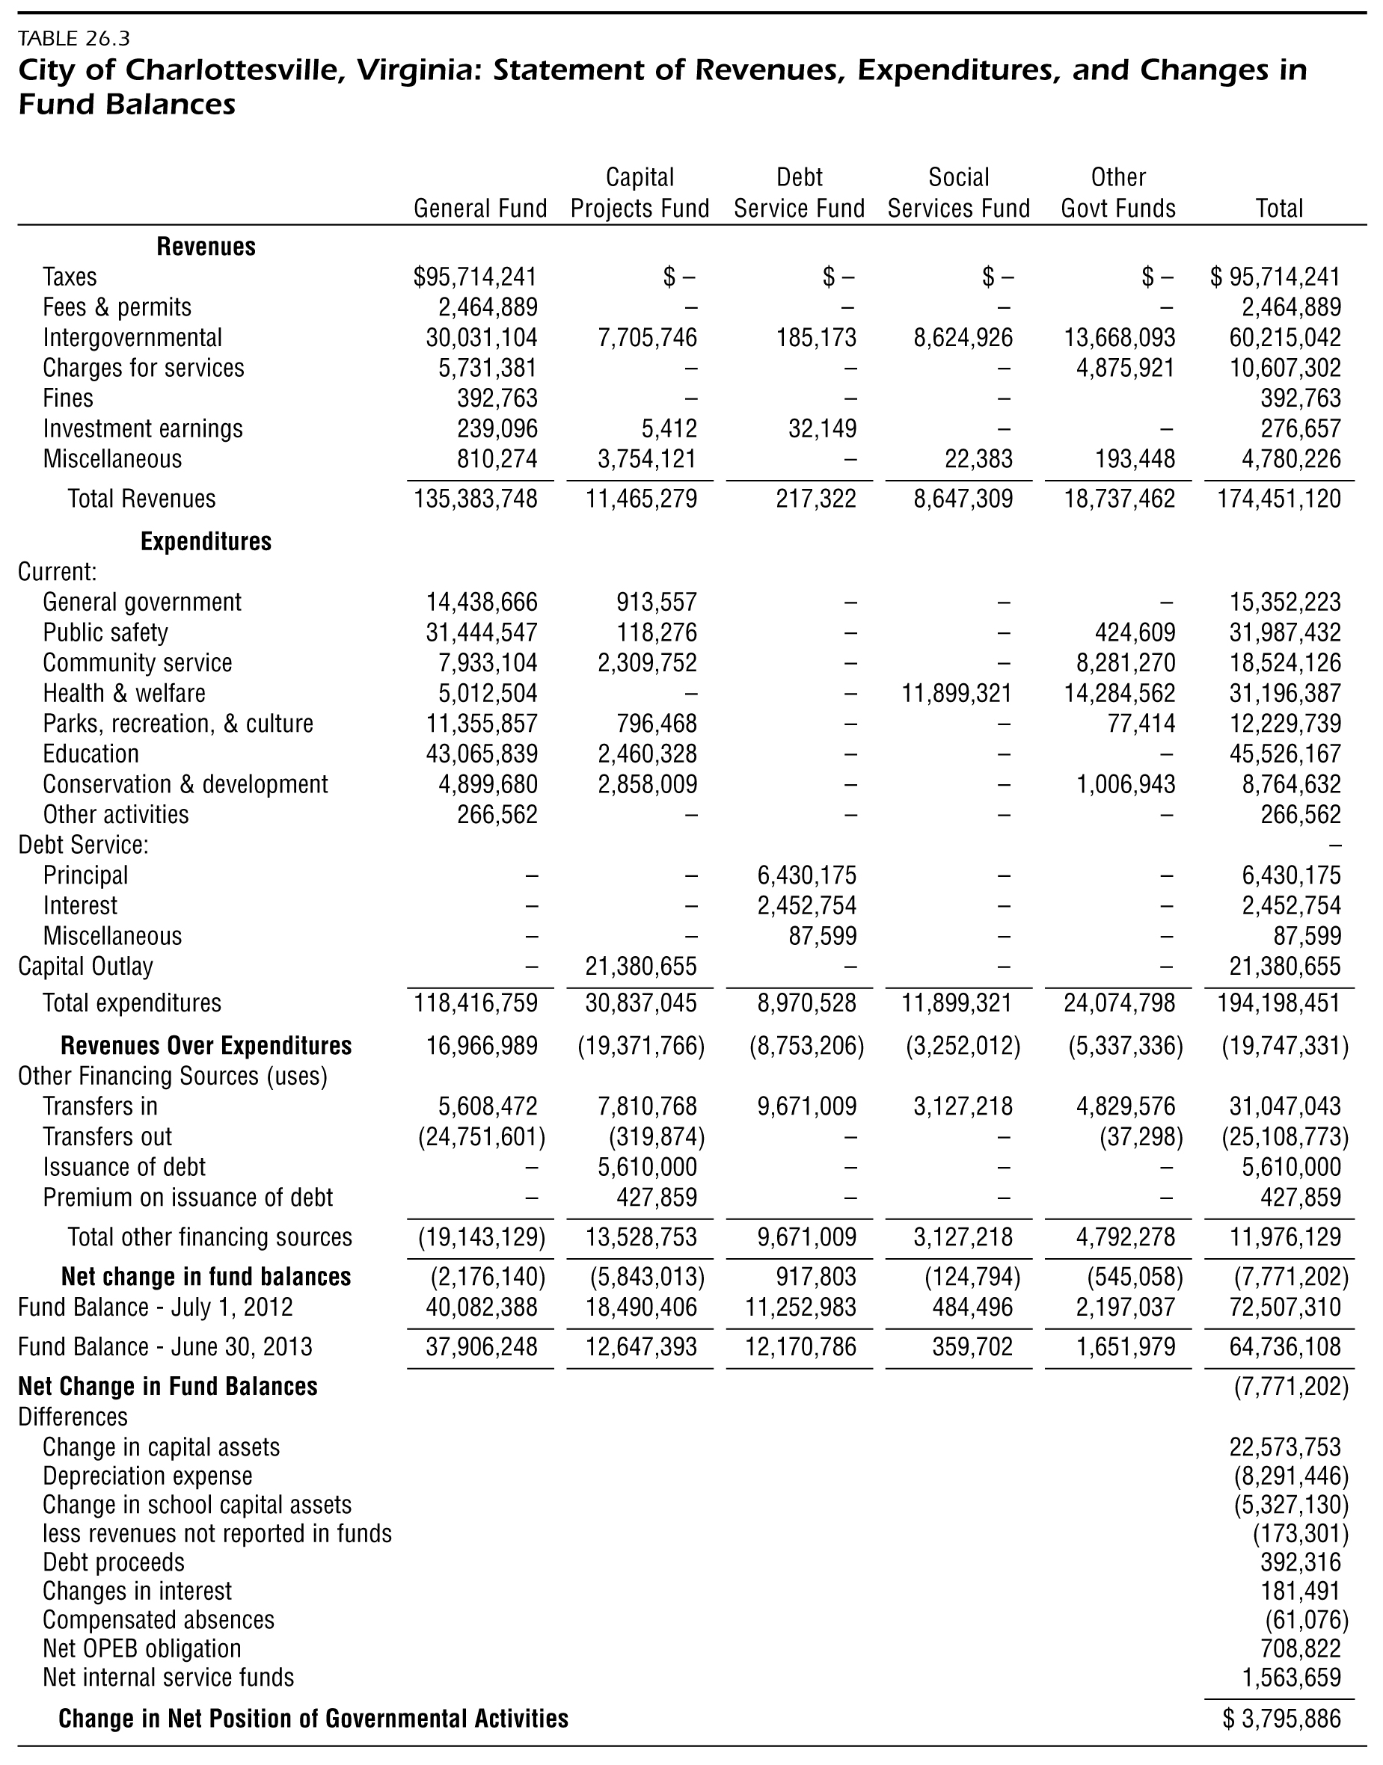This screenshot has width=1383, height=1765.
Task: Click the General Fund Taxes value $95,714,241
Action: (x=475, y=277)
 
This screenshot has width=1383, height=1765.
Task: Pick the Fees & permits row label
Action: (x=117, y=307)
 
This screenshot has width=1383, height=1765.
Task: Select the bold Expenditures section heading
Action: (x=206, y=541)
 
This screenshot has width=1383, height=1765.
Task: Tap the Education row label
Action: (x=91, y=754)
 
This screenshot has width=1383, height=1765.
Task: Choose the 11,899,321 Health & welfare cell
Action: (x=957, y=693)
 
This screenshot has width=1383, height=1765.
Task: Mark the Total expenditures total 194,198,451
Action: (x=1279, y=1002)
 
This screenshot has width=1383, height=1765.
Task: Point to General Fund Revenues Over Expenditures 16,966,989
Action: (x=482, y=1046)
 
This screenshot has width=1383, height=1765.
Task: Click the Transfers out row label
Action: (x=107, y=1136)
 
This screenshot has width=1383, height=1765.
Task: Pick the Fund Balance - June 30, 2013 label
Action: (x=165, y=1346)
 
